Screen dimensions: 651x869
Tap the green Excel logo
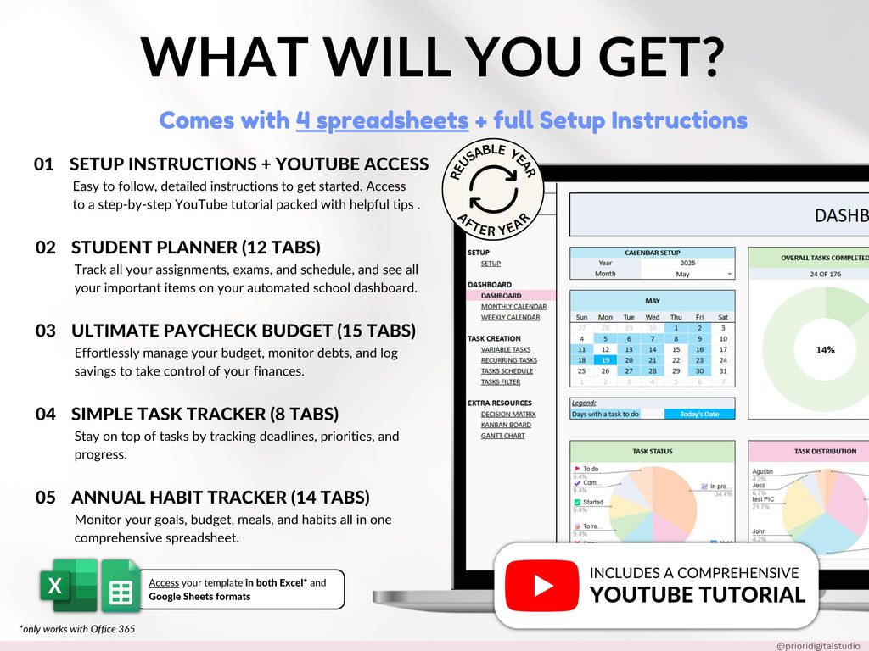click(67, 584)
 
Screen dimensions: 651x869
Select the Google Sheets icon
click(121, 585)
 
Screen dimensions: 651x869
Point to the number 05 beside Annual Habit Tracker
click(47, 498)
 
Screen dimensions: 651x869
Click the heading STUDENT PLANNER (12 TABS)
click(196, 248)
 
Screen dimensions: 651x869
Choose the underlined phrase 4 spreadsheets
click(382, 120)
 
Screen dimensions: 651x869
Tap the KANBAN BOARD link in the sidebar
click(506, 425)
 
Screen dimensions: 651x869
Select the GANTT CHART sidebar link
click(502, 436)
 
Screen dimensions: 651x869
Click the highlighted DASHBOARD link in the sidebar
click(501, 296)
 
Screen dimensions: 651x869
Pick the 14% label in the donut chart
click(825, 349)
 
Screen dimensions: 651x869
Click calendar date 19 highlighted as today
click(605, 359)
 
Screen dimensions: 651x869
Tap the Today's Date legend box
click(699, 414)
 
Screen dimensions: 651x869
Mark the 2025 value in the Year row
click(687, 263)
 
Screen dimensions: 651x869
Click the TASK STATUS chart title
click(653, 452)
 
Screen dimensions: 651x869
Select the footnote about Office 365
click(77, 629)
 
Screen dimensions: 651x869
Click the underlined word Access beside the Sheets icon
click(164, 583)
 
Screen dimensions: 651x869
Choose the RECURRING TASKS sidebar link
click(508, 360)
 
